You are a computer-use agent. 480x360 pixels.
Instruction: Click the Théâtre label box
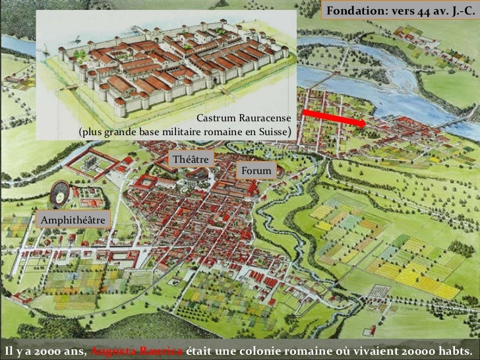(x=191, y=160)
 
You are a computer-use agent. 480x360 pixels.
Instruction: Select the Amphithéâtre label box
(x=73, y=219)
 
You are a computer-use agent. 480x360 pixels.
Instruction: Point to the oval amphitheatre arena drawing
(x=61, y=195)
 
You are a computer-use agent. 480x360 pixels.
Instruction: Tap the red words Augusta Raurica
(x=138, y=349)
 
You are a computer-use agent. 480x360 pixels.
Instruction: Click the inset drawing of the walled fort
(x=165, y=66)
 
